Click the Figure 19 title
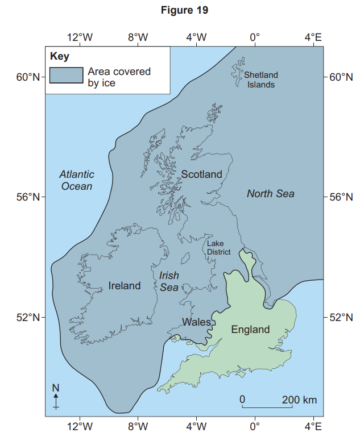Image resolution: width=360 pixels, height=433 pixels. pos(180,11)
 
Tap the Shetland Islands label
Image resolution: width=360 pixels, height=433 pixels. pos(261,80)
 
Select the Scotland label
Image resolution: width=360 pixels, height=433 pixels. pos(201,174)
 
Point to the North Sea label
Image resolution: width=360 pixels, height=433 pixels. pos(271,194)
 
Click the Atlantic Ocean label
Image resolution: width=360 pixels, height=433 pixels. pos(77,180)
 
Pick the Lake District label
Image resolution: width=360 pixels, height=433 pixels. pos(218,247)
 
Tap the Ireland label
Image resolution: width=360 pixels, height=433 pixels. pos(125,285)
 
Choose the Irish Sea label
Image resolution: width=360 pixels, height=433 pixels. pos(169,281)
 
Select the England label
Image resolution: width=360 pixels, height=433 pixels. pos(250,330)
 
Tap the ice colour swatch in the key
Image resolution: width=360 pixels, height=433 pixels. pos(65,76)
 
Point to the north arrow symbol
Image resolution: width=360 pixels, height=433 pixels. pos(56,397)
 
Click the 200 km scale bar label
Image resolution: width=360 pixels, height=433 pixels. pos(299,399)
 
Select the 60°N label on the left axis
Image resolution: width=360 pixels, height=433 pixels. pos(28,77)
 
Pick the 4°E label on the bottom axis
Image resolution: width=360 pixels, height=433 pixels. pos(313,425)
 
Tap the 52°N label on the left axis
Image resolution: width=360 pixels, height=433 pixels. pos(28,317)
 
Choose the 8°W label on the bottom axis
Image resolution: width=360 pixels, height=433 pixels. pos(138,425)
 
